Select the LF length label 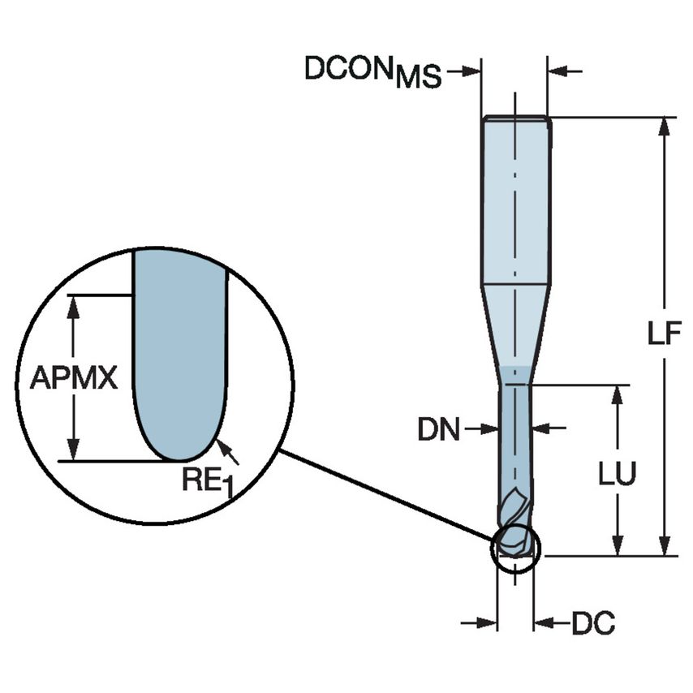coord(666,334)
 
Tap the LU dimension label coord(618,475)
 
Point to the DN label coord(437,429)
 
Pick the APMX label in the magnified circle coord(74,378)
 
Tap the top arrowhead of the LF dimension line coord(665,127)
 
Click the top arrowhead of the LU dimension coord(618,394)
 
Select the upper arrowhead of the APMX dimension coord(75,303)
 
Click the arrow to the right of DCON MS coord(566,73)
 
